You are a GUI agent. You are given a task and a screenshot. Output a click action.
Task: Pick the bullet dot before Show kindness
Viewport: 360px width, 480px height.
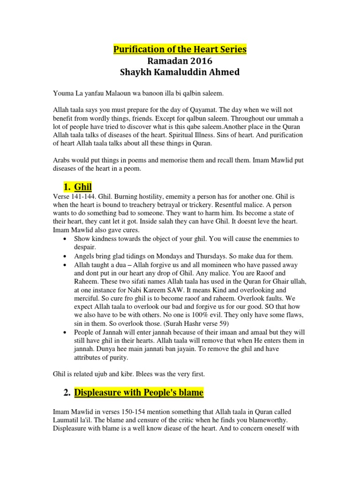[x=64, y=239]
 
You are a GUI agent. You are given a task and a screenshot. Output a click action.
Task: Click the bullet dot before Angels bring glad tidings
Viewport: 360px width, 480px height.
[x=64, y=256]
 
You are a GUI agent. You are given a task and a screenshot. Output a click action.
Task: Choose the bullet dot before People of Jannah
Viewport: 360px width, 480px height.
[x=64, y=332]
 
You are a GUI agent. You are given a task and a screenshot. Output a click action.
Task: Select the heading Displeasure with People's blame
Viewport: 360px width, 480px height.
[x=139, y=392]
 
